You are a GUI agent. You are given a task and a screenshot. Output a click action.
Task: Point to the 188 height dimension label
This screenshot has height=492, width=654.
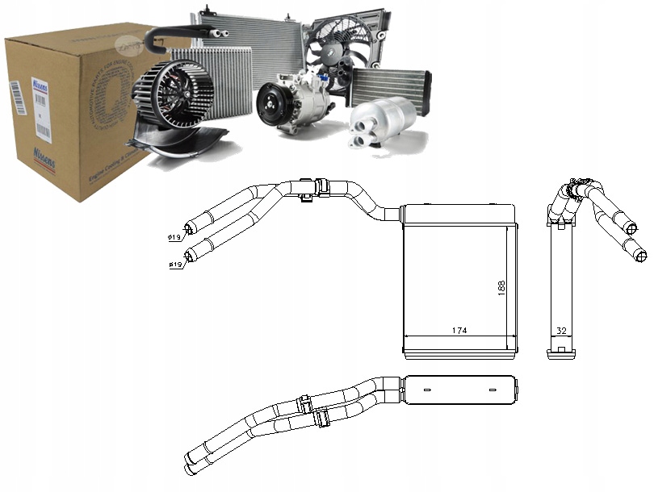tap(501, 288)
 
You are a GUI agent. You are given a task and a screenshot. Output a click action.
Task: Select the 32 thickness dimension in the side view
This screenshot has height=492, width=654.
tap(560, 330)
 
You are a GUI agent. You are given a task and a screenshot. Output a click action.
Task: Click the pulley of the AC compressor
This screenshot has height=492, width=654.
tap(270, 105)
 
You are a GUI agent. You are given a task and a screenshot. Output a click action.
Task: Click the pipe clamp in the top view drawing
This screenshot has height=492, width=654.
tap(305, 186)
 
